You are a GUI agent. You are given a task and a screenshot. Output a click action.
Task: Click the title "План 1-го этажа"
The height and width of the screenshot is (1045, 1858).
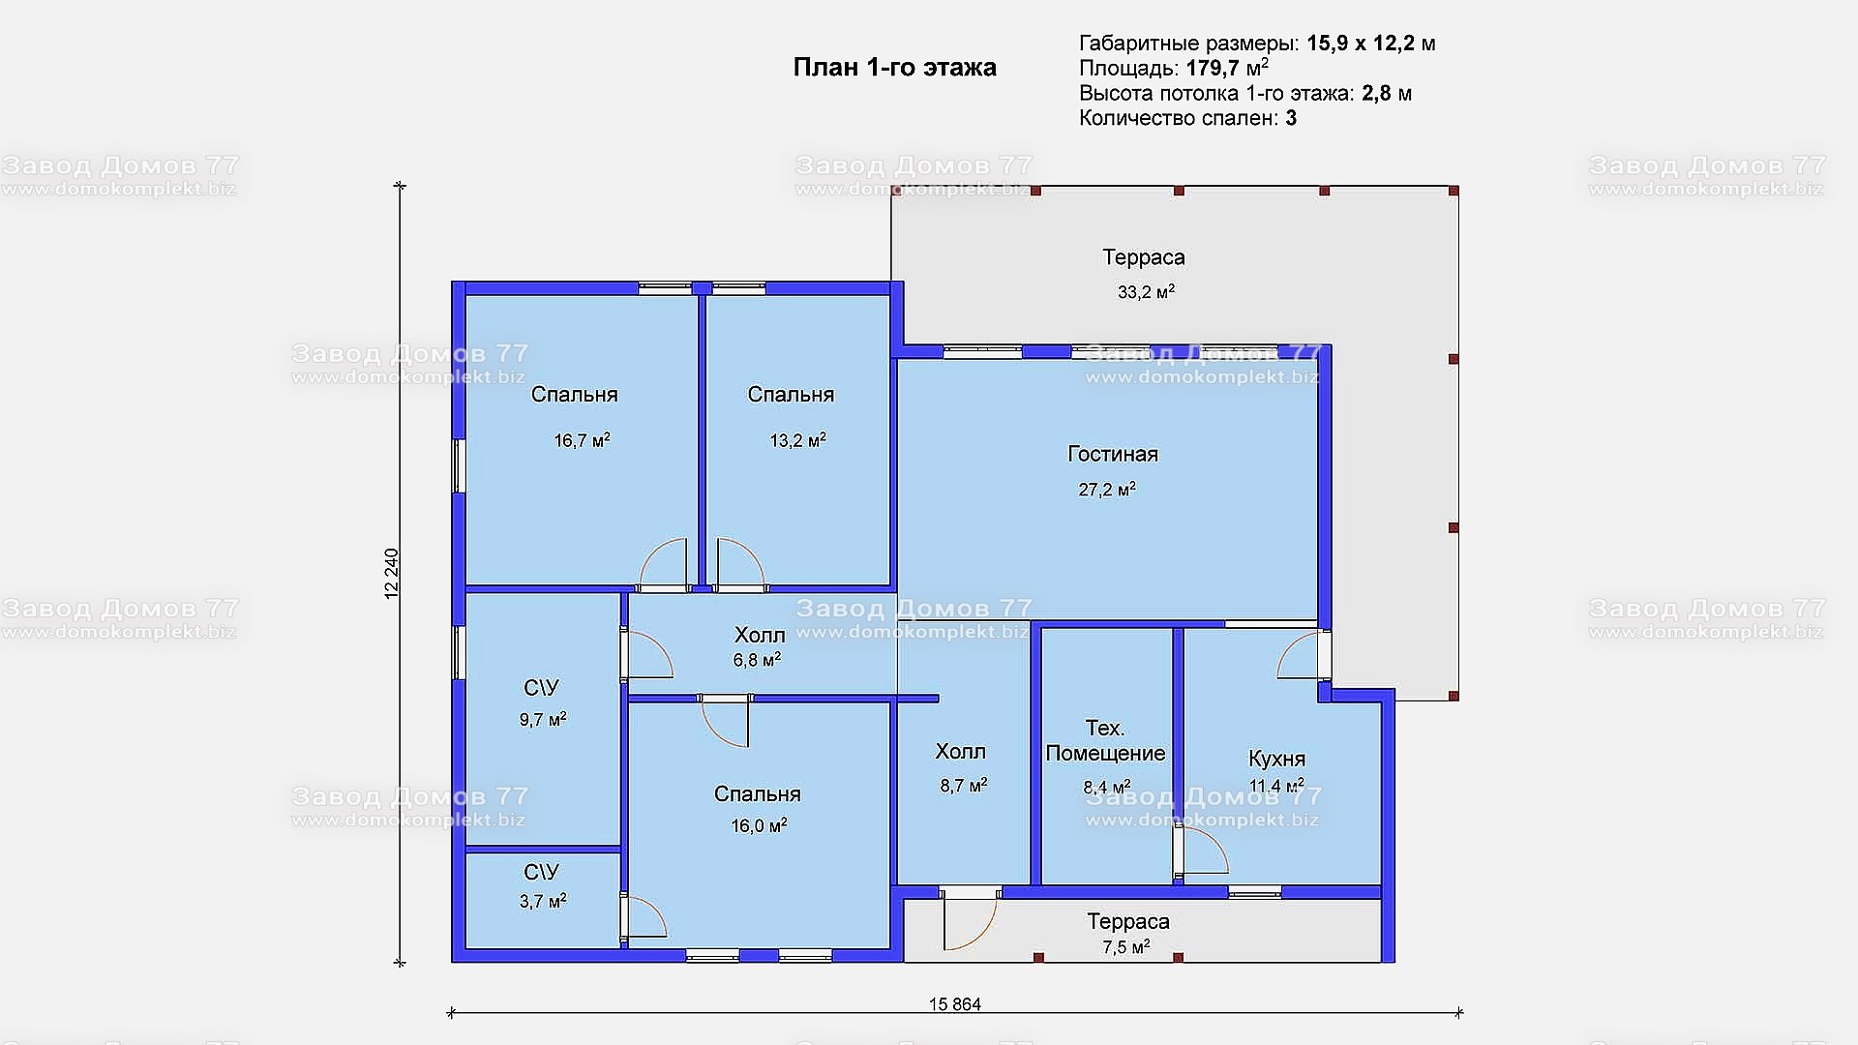(894, 68)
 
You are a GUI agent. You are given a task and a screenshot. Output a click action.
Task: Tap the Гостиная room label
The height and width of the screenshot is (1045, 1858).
(1113, 454)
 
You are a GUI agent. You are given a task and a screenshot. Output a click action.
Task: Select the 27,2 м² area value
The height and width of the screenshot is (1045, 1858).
(1107, 490)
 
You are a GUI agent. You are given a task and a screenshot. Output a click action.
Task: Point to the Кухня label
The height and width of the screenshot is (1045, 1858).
(1276, 759)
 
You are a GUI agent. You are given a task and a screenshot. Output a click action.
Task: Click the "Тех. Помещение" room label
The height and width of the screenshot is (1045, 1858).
(1105, 740)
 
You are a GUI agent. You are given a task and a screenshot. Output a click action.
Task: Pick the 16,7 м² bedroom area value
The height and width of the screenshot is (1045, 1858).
(582, 440)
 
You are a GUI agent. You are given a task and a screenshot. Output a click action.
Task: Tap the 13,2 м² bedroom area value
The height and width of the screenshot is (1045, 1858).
(797, 440)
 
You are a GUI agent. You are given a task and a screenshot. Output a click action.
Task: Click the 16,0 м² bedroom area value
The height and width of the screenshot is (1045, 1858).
(759, 825)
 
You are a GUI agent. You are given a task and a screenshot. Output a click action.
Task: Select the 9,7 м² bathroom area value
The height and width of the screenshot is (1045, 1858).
(543, 720)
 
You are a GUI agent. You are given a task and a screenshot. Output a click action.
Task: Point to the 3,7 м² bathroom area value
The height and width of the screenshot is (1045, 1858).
(543, 901)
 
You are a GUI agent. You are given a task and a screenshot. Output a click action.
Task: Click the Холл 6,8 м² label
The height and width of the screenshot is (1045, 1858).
(759, 647)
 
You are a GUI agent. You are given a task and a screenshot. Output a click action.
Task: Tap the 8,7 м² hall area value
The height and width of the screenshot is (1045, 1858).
(963, 786)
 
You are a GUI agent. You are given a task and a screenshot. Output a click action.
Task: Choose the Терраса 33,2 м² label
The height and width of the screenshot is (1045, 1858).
(1145, 274)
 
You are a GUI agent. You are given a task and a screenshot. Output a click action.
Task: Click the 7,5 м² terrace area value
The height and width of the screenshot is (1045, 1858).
(1126, 947)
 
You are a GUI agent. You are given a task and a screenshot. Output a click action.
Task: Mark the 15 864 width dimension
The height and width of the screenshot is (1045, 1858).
(955, 1004)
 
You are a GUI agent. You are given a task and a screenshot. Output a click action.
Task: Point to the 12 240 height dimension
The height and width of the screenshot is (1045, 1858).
(391, 574)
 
